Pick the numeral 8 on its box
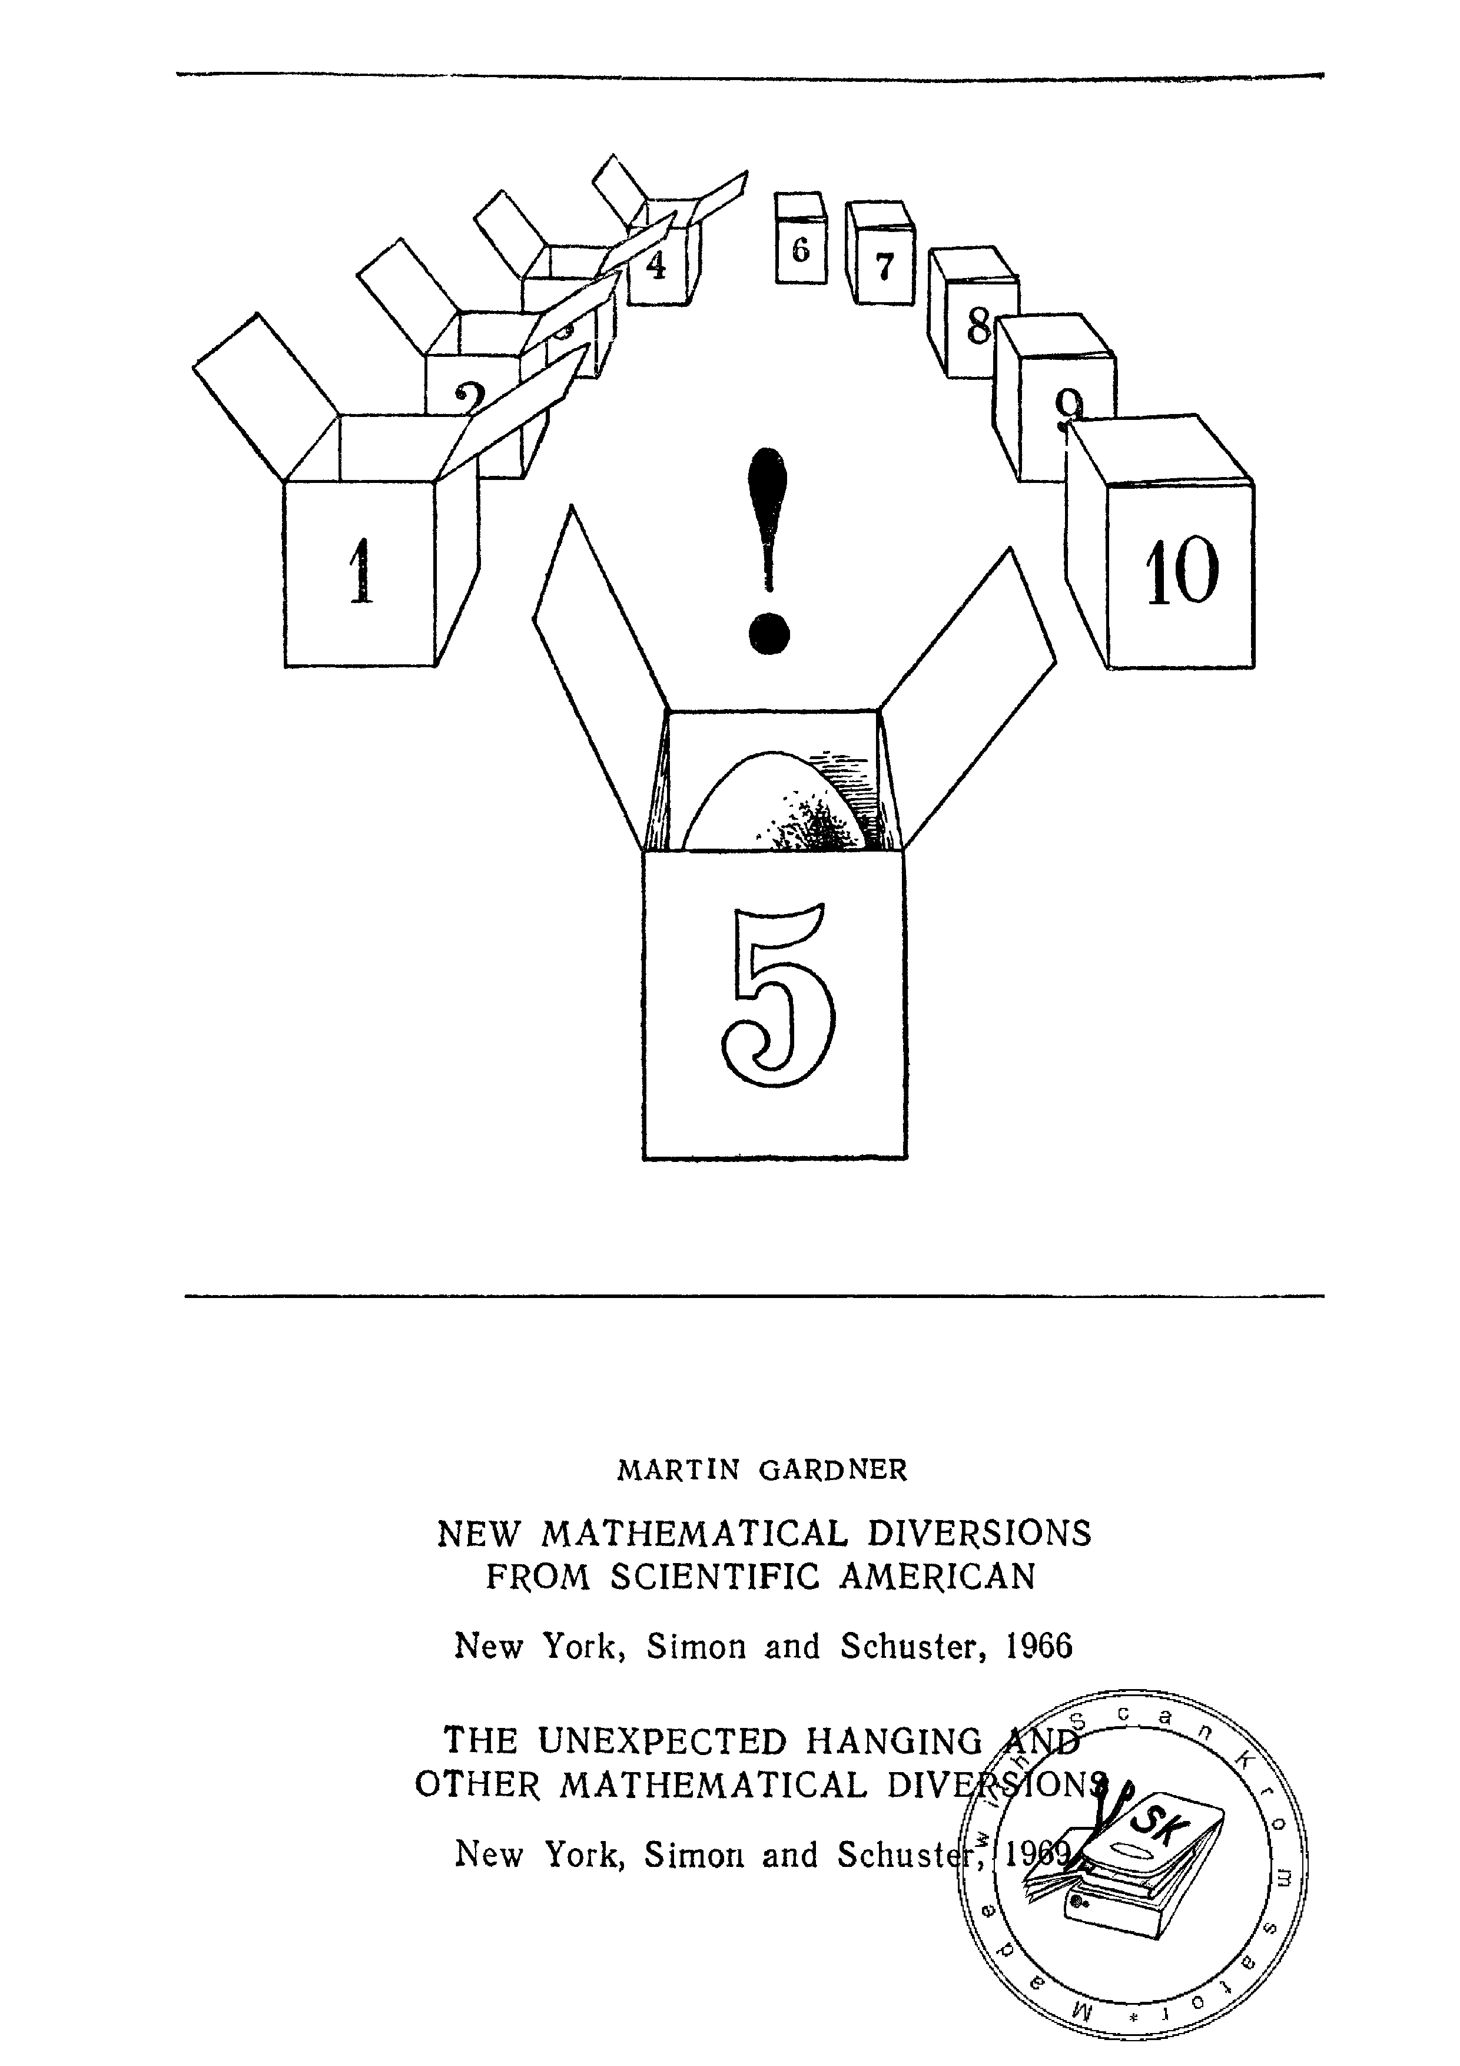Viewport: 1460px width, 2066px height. (x=978, y=327)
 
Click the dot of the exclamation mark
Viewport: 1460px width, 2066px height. (x=769, y=634)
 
